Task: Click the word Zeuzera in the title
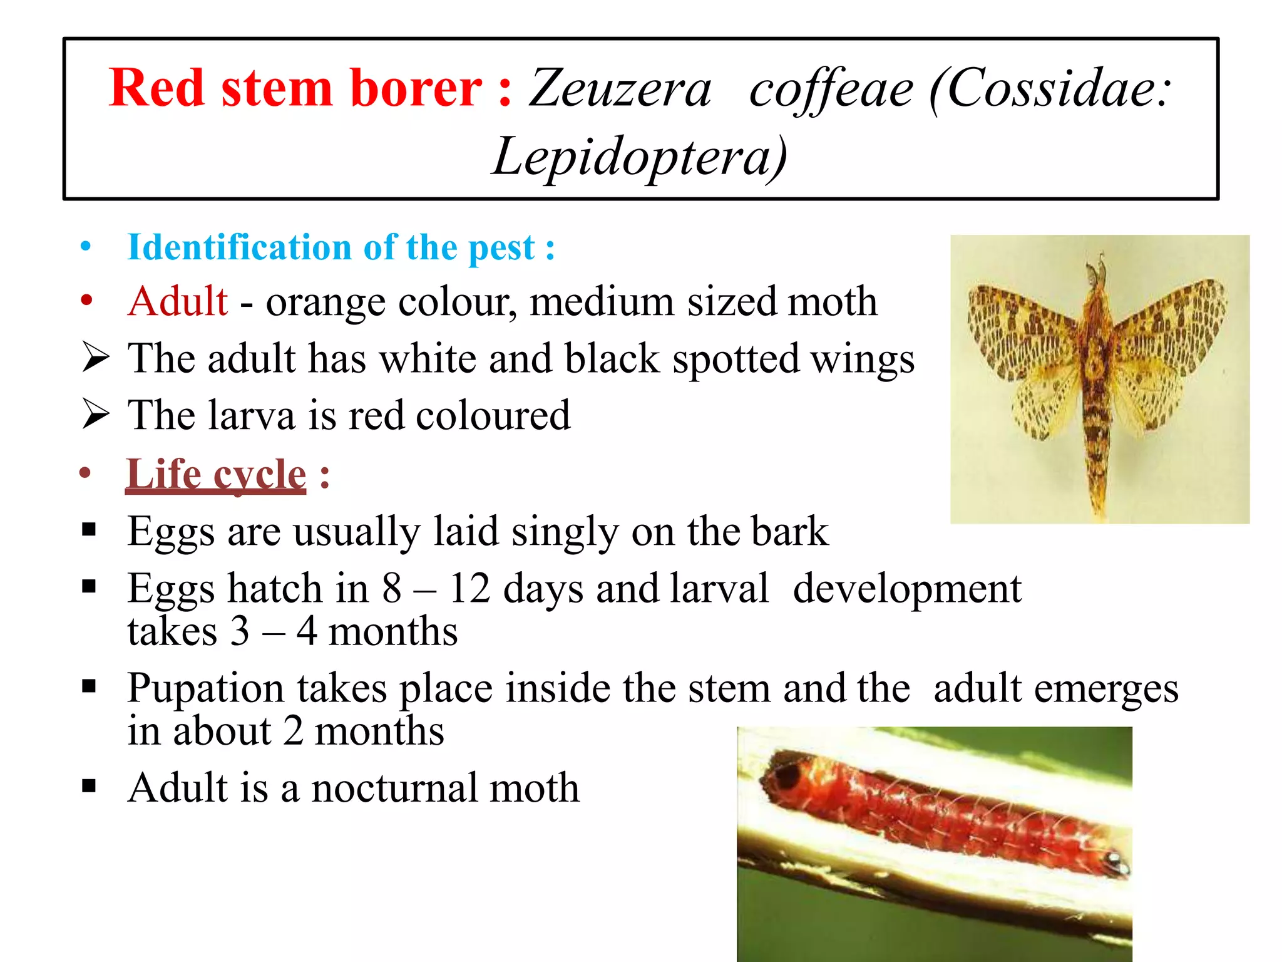click(x=620, y=90)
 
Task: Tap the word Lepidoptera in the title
click(x=638, y=157)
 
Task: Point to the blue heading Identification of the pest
click(x=341, y=247)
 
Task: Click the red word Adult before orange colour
click(x=178, y=301)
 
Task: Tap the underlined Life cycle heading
click(x=216, y=474)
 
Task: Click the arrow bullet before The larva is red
click(x=96, y=415)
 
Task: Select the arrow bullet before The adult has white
click(x=96, y=358)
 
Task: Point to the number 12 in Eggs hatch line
click(x=469, y=589)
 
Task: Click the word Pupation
click(x=207, y=688)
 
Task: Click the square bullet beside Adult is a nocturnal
click(x=89, y=785)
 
